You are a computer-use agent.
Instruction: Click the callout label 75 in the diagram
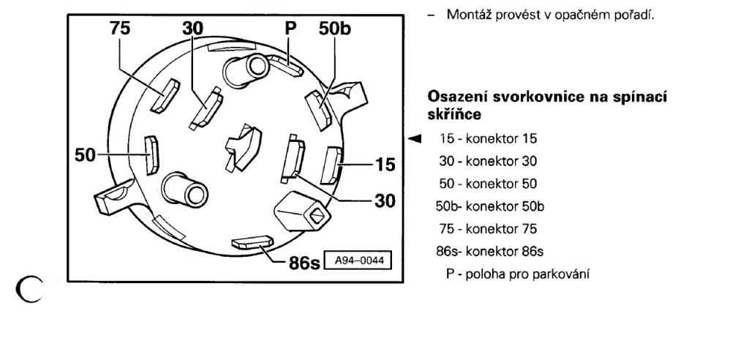pyautogui.click(x=120, y=29)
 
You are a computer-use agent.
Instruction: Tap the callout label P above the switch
pyautogui.click(x=290, y=29)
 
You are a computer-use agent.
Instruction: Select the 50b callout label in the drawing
pyautogui.click(x=335, y=29)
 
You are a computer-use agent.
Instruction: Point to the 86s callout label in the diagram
pyautogui.click(x=304, y=263)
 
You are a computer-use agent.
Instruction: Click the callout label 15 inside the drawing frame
pyautogui.click(x=385, y=165)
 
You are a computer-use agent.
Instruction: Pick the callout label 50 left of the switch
pyautogui.click(x=85, y=155)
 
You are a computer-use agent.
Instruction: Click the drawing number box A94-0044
pyautogui.click(x=357, y=261)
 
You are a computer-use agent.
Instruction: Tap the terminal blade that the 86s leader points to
pyautogui.click(x=252, y=242)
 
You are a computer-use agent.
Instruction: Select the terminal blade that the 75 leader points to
pyautogui.click(x=165, y=96)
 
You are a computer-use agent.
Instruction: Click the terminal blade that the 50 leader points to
pyautogui.click(x=152, y=155)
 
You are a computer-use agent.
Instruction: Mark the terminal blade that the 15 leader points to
pyautogui.click(x=331, y=165)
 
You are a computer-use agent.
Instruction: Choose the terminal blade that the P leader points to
pyautogui.click(x=285, y=66)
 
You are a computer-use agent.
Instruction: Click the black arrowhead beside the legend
pyautogui.click(x=414, y=138)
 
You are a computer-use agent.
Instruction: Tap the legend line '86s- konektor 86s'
pyautogui.click(x=489, y=251)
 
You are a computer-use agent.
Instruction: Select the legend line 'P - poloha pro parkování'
pyautogui.click(x=518, y=274)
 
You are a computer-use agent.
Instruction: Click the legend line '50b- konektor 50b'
pyautogui.click(x=489, y=206)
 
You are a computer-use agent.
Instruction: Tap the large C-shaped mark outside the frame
pyautogui.click(x=29, y=289)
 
